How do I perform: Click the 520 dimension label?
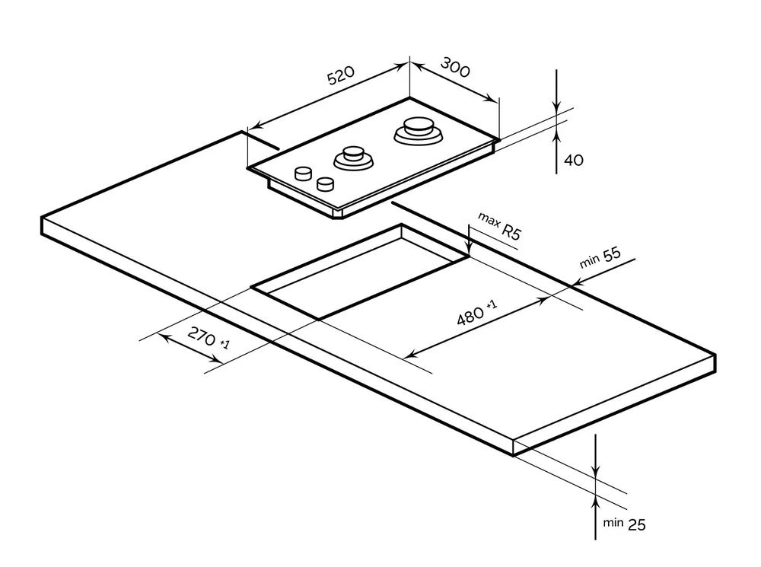coord(341,76)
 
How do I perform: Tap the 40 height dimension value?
coord(574,161)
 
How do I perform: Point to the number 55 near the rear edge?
coord(611,256)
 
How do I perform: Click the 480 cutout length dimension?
coord(471,314)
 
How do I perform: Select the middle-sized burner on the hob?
coord(352,158)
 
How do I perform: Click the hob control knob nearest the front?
coord(326,184)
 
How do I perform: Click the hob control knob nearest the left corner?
coord(303,173)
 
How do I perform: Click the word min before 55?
coord(590,262)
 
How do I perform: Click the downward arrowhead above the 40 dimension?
coord(557,110)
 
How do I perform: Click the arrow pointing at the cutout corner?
coord(470,248)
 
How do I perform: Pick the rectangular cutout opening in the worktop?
coord(358,274)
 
